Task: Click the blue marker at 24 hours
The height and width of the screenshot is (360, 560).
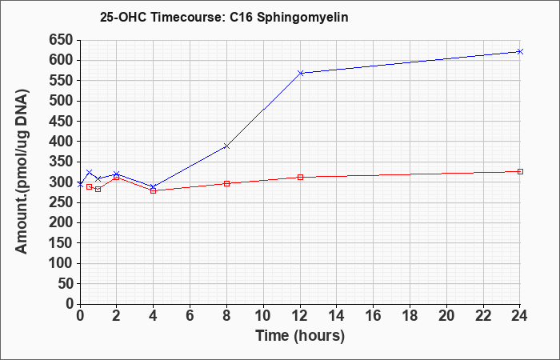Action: [520, 51]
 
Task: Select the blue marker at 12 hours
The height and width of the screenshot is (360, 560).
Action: [300, 73]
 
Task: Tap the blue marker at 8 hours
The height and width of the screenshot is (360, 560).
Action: [226, 146]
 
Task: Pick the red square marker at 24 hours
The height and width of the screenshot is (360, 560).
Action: [520, 171]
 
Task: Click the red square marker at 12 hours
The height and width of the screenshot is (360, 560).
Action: [300, 177]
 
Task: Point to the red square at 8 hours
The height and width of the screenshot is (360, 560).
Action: [226, 183]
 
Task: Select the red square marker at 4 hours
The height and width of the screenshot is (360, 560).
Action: [154, 190]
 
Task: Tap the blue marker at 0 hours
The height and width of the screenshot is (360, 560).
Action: [80, 184]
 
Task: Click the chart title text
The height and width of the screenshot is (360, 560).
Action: [224, 17]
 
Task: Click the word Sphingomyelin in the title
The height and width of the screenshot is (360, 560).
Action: [302, 18]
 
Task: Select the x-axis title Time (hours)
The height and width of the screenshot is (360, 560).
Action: [300, 336]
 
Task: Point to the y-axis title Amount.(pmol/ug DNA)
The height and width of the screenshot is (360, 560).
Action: [22, 171]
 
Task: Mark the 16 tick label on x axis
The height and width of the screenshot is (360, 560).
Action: [374, 315]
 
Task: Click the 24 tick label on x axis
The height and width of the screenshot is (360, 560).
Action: [519, 315]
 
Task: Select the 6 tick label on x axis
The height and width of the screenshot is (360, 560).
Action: [190, 315]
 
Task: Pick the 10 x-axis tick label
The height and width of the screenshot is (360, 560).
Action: [263, 315]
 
